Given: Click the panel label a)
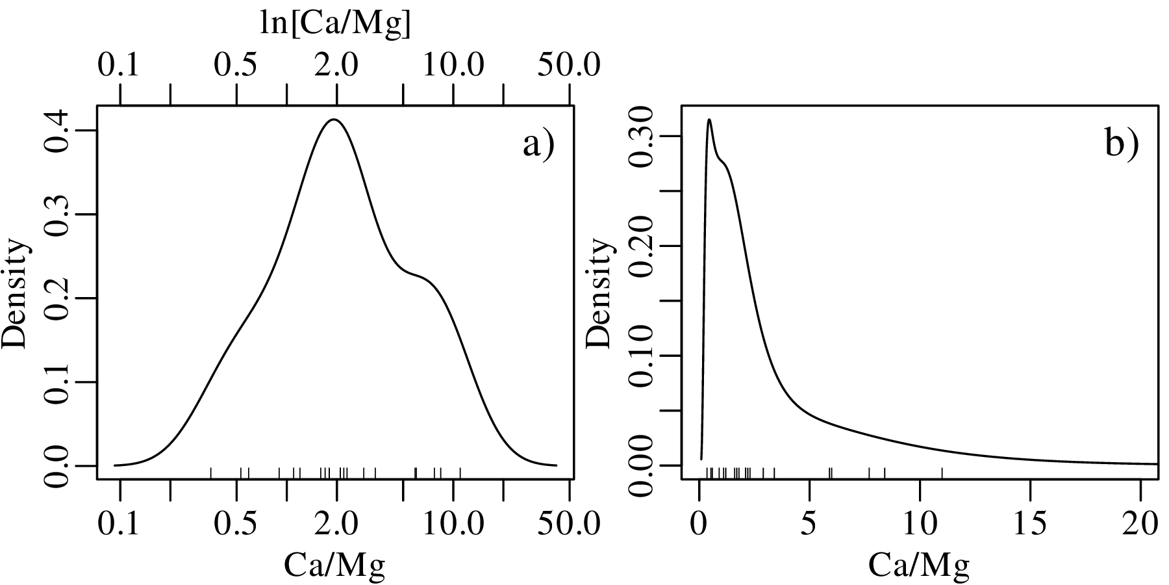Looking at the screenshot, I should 539,145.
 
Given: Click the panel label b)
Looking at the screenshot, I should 1122,145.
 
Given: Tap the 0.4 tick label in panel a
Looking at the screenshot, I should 55,131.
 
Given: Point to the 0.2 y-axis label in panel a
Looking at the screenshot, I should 55,298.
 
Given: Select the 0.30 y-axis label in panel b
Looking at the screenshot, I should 640,136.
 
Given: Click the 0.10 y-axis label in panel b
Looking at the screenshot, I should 640,356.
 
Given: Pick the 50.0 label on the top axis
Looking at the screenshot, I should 570,65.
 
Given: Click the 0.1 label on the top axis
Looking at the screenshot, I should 119,65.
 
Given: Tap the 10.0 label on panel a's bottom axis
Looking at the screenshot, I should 453,523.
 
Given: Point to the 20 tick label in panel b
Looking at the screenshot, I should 1140,523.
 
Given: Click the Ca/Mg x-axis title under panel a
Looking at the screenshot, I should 334,565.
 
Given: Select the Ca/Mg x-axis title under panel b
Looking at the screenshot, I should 919,565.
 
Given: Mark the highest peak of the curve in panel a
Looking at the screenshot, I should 334,120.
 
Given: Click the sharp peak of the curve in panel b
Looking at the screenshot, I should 709,120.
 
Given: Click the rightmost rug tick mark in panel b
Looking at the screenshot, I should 942,473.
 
